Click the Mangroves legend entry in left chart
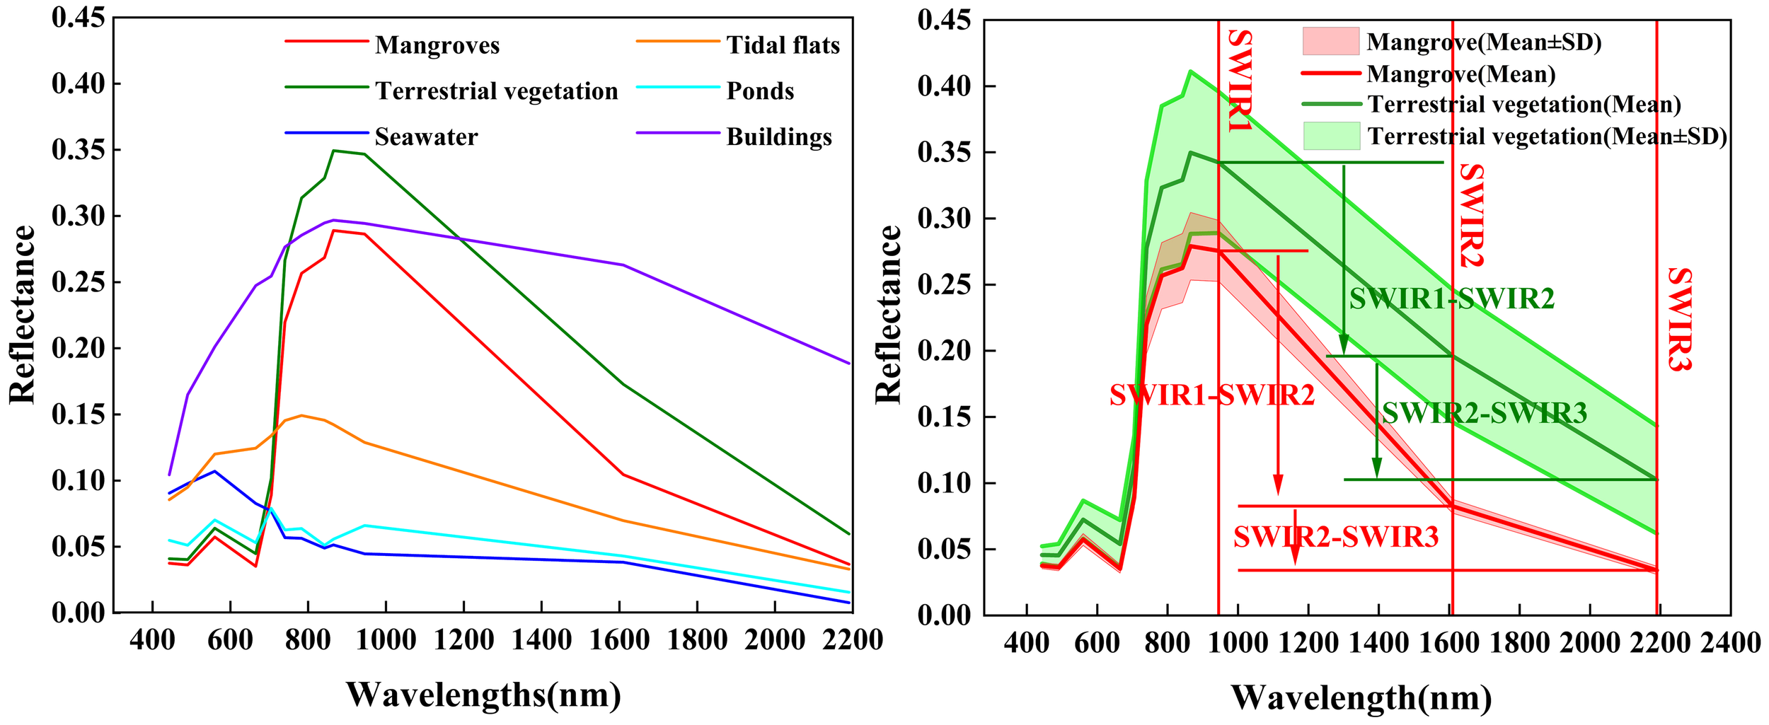(437, 45)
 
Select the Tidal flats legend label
(783, 45)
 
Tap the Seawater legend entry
(426, 137)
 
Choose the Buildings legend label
(779, 137)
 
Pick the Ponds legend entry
(760, 91)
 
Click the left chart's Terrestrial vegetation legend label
(497, 91)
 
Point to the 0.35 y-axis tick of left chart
(78, 150)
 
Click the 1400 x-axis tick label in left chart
(541, 640)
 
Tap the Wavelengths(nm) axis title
(483, 695)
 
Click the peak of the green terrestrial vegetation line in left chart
(334, 151)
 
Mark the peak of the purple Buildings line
(334, 220)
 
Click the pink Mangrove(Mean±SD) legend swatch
(1331, 41)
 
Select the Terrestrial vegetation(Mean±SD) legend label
(1548, 136)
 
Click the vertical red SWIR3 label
(1679, 320)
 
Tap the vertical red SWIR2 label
(1471, 216)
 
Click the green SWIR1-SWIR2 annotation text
(1452, 299)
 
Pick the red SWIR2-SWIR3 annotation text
(1336, 538)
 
